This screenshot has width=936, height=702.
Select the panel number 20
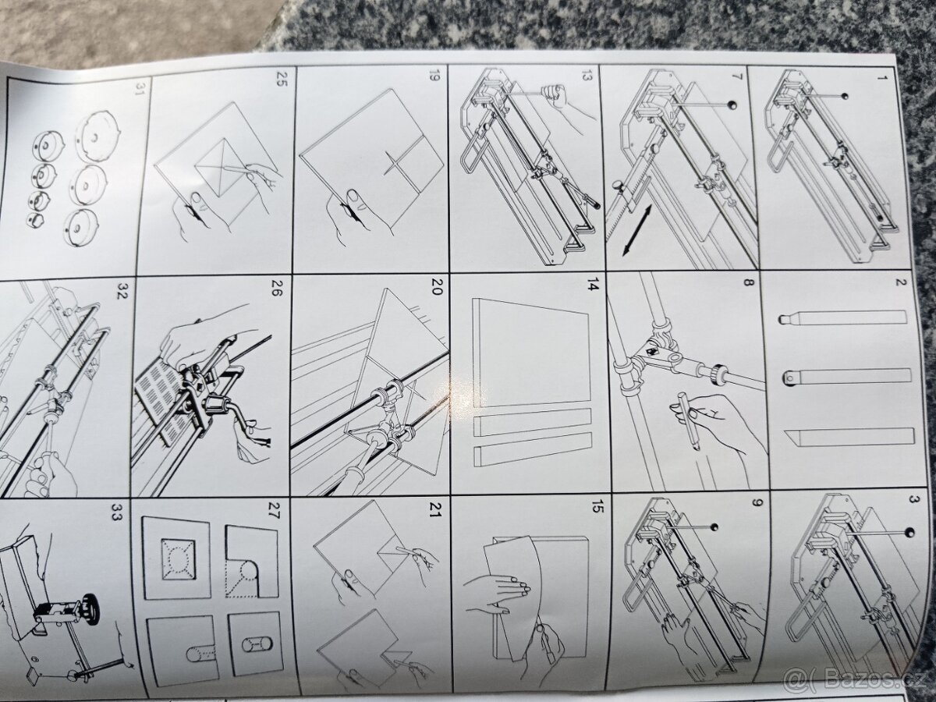tap(435, 291)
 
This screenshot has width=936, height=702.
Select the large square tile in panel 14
tap(530, 355)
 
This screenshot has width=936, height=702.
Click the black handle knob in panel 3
tap(909, 533)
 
